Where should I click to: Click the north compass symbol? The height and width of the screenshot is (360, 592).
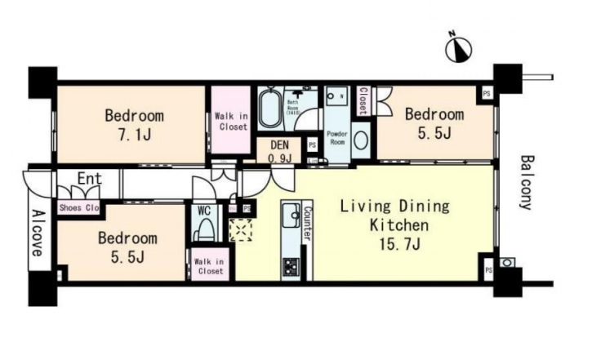point(459,49)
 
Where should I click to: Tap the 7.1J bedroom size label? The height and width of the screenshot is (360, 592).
point(134,135)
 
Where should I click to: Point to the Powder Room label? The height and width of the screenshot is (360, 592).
point(337,136)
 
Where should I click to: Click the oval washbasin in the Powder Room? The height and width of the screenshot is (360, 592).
point(362,138)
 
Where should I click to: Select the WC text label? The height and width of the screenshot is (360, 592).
point(205,210)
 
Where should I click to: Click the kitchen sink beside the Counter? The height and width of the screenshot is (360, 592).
point(291,218)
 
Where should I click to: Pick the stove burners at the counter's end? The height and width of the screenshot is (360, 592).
point(291,265)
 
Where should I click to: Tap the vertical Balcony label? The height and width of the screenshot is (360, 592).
point(527,182)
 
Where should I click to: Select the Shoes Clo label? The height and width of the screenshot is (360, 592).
point(78,208)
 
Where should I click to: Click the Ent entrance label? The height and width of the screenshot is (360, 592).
point(91,180)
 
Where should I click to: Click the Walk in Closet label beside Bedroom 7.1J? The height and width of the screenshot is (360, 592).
point(231,122)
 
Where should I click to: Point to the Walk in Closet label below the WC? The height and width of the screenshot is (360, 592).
point(209,265)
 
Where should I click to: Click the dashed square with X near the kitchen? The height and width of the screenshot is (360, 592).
point(242,232)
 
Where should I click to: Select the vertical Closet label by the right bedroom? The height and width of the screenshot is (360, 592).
point(363,100)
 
